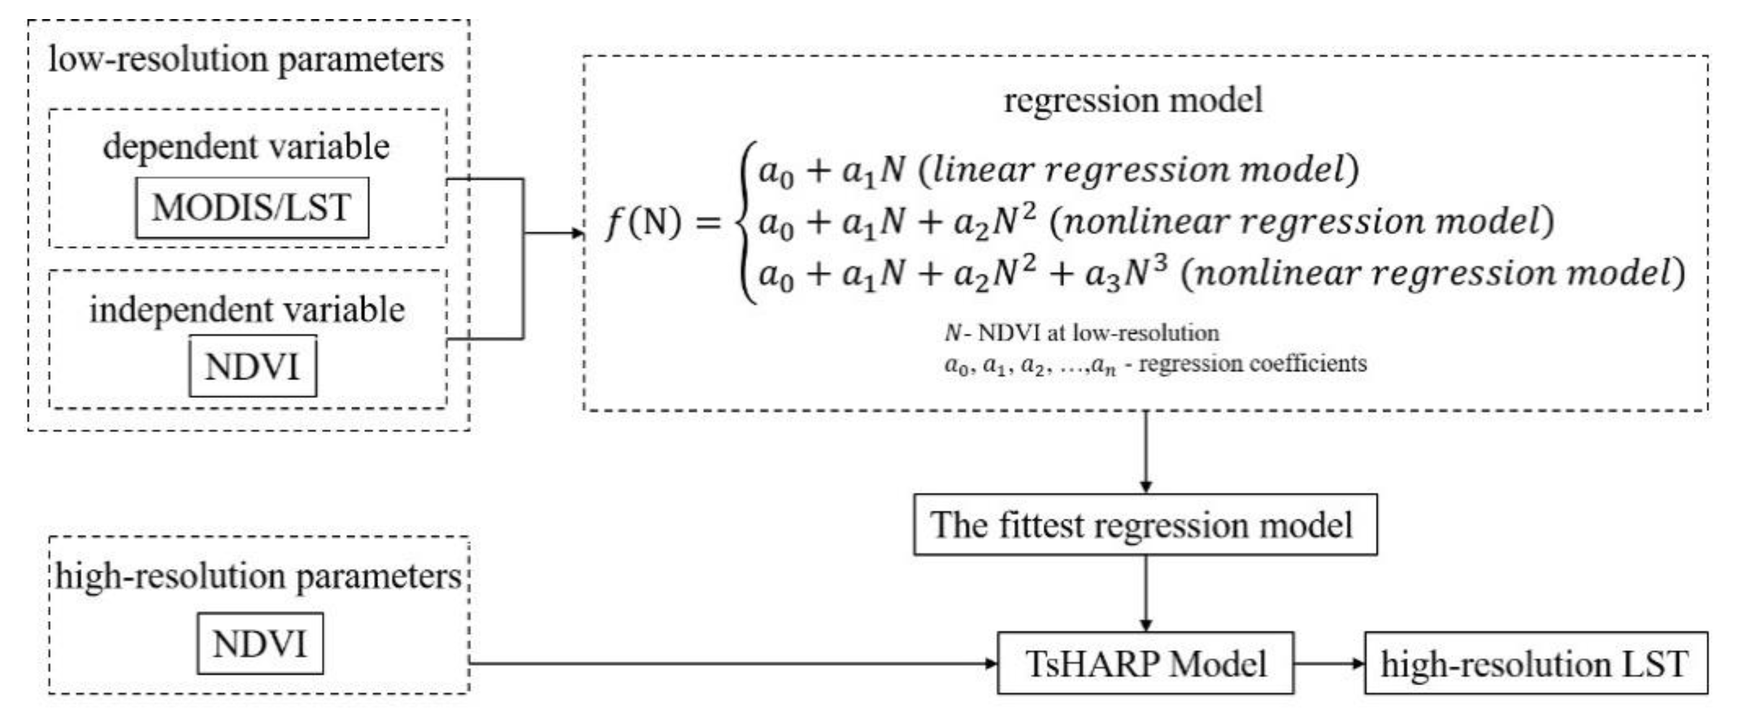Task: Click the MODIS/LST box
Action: (251, 208)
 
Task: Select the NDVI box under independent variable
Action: (253, 366)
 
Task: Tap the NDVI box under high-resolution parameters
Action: (260, 643)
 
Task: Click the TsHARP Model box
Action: (1145, 663)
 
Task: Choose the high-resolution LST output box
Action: (1535, 663)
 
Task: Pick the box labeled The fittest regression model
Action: (1145, 524)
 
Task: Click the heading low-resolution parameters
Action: (246, 60)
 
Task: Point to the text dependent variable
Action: (246, 146)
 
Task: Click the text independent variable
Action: (247, 310)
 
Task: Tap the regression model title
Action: (1133, 100)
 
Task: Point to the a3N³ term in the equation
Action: (1125, 274)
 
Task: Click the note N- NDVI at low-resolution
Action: (1081, 332)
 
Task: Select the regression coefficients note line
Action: (1155, 365)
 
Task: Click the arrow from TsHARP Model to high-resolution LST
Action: (1329, 663)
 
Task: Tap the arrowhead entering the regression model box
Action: (577, 234)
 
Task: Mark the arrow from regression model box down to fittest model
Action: (1145, 452)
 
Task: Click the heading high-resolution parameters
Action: (259, 577)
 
